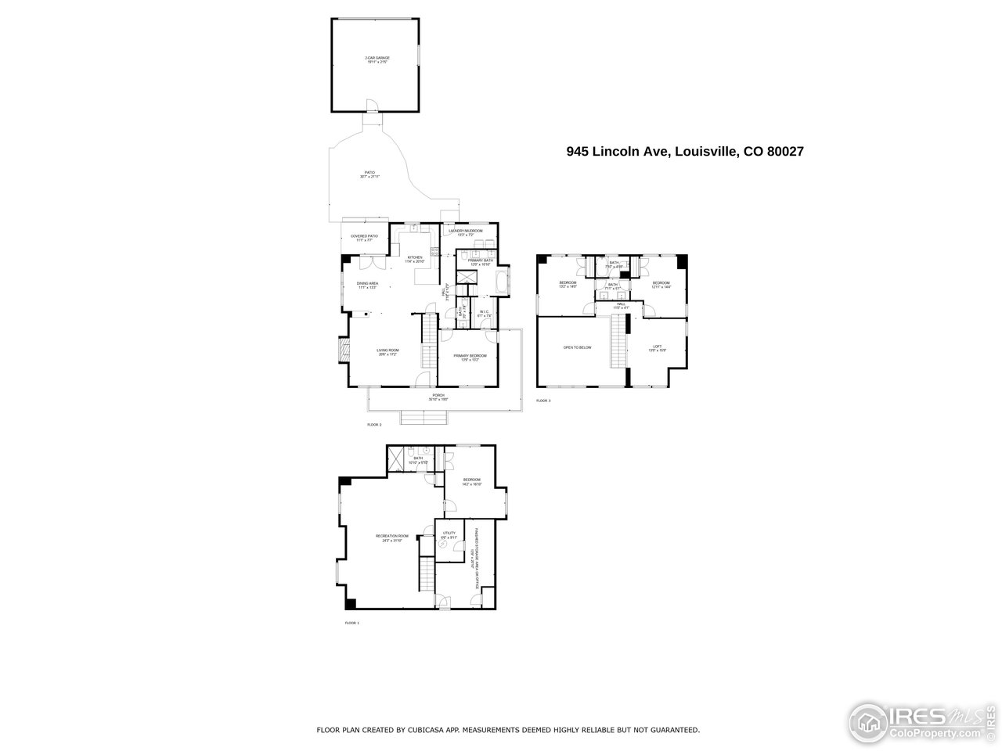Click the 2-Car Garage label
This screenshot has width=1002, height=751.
[377, 59]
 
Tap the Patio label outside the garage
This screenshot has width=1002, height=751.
[369, 174]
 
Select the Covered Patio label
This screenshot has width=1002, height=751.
[364, 237]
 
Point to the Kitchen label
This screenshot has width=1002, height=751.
[414, 259]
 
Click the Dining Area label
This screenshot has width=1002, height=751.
[368, 284]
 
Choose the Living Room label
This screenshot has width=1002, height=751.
[387, 352]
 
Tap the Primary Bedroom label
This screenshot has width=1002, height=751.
[470, 357]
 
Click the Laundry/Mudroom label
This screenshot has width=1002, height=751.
[463, 232]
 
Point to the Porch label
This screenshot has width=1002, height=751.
[438, 397]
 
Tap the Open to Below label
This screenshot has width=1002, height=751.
[577, 347]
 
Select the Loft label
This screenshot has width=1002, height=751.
[658, 348]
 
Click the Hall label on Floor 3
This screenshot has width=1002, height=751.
[620, 306]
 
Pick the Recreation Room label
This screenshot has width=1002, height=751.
[392, 537]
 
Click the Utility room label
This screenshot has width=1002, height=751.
[449, 534]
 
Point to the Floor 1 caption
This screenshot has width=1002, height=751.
[351, 623]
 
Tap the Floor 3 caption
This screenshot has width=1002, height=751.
[543, 401]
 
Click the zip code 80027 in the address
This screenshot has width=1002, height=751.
[785, 152]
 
